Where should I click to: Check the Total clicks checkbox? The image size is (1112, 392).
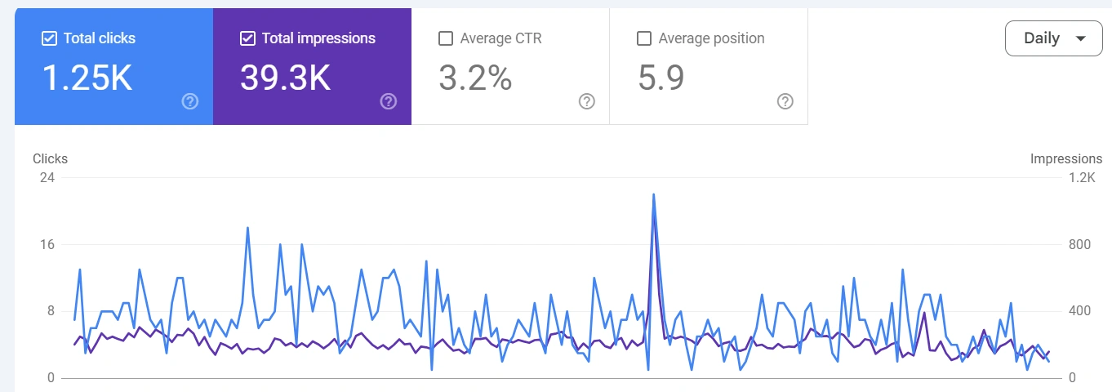click(49, 38)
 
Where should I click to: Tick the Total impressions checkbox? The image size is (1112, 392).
click(247, 38)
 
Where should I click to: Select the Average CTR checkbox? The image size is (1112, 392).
click(446, 38)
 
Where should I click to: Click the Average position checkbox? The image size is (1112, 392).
click(644, 38)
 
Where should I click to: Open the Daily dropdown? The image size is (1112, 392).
click(1053, 38)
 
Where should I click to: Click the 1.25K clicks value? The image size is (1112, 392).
click(87, 78)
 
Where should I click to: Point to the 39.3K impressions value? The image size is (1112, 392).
click(285, 78)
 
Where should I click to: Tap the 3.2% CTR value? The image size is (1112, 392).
click(475, 78)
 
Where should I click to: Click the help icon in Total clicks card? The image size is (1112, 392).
click(190, 101)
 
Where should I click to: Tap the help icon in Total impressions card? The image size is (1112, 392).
click(389, 101)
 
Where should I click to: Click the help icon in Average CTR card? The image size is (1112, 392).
click(586, 101)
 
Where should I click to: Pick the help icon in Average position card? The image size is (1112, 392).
click(785, 101)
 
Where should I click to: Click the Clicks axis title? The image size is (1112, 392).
click(50, 159)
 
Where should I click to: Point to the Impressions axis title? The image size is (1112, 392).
click(1066, 159)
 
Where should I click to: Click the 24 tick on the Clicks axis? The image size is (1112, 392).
click(47, 178)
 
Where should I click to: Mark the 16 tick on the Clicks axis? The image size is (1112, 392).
click(47, 245)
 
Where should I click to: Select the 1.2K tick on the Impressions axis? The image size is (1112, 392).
click(1082, 178)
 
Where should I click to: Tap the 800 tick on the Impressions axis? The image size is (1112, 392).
click(1079, 245)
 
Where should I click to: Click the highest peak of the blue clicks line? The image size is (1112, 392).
click(654, 194)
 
